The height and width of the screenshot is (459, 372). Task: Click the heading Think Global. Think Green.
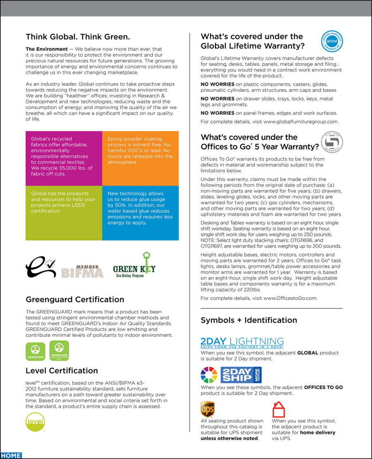pos(78,36)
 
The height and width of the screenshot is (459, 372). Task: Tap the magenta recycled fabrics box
pos(64,159)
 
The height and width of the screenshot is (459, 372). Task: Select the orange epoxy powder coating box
pos(141,159)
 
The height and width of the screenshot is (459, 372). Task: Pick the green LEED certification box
pos(64,213)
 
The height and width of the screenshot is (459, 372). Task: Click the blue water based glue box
pos(141,213)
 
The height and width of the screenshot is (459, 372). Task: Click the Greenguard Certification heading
pos(75,299)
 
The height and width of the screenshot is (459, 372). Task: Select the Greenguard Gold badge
pos(59,351)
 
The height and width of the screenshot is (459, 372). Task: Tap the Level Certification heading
pos(62,370)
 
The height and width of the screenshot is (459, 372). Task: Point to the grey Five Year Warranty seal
pos(332,142)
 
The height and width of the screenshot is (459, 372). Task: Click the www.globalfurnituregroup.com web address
pos(300,122)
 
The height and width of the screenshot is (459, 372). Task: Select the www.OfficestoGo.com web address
pos(290,298)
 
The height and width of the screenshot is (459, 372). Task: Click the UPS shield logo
pos(207,409)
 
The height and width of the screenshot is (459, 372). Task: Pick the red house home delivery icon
pos(279,409)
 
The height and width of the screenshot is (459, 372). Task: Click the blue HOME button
pos(11,455)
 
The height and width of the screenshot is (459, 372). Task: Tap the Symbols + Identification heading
pos(249,320)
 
